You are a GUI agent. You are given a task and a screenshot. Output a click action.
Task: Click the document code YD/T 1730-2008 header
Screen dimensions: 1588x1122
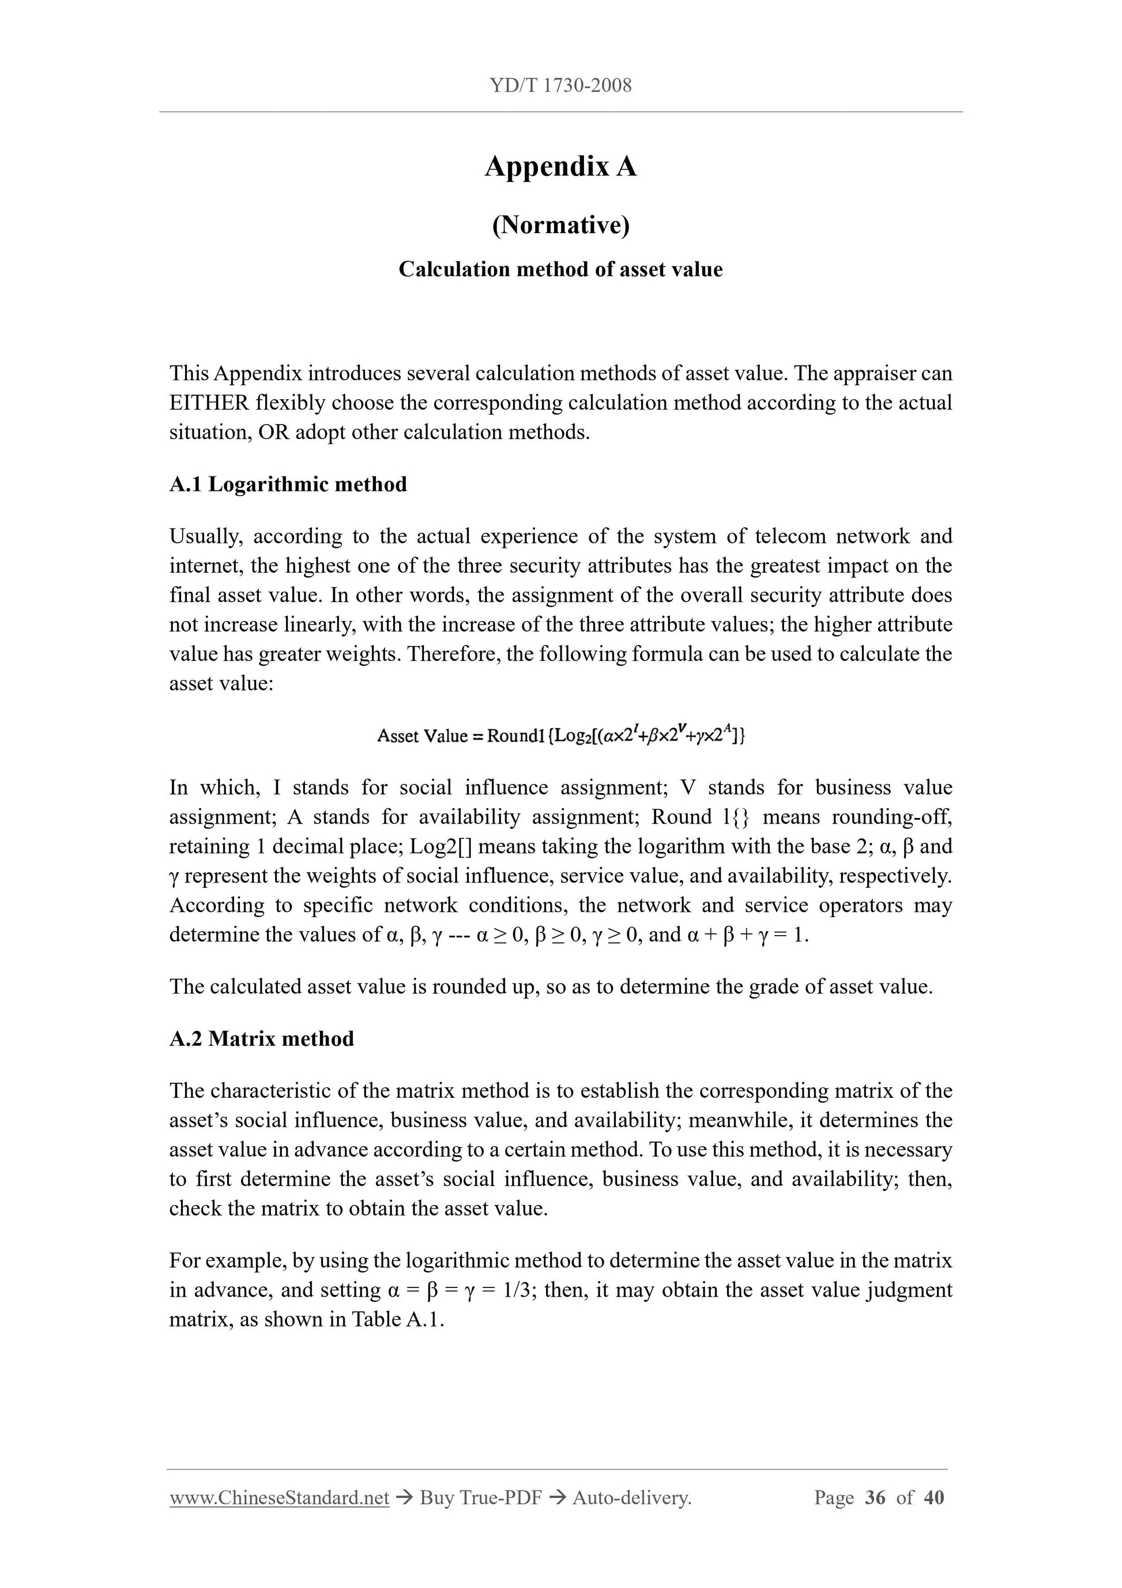(560, 86)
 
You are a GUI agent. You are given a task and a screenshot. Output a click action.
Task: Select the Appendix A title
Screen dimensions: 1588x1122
(560, 167)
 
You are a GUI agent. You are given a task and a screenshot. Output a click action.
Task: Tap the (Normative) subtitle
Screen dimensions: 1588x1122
(560, 225)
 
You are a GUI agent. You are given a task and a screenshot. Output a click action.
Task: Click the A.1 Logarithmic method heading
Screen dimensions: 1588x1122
(288, 484)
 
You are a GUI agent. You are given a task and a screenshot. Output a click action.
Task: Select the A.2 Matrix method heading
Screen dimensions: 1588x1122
(261, 1038)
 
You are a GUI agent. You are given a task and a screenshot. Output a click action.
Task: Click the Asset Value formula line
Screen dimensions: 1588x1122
(560, 735)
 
